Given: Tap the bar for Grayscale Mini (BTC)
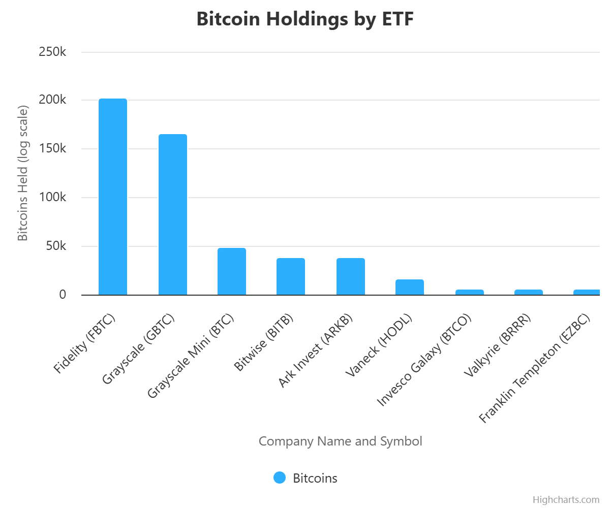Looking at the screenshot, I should click(x=232, y=272).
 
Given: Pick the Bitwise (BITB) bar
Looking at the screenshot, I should click(x=291, y=277).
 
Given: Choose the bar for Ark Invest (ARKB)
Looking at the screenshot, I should click(x=351, y=277).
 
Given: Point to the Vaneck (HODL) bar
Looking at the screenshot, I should click(x=410, y=288).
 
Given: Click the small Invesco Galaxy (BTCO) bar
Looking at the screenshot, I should click(x=470, y=292).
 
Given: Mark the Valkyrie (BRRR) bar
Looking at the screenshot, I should click(x=529, y=292).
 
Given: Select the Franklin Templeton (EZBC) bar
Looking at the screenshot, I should click(x=587, y=292).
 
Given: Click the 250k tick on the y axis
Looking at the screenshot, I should click(x=52, y=52).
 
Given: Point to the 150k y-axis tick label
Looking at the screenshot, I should click(x=52, y=149).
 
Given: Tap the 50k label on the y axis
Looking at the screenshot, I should click(x=56, y=246).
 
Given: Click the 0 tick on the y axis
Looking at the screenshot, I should click(x=63, y=295).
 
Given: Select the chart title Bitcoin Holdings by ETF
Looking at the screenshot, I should click(x=305, y=19).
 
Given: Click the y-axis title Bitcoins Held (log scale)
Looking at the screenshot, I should click(x=23, y=173).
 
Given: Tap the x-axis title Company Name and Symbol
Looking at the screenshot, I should click(x=340, y=441).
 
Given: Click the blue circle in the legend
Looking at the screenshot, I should click(x=280, y=478).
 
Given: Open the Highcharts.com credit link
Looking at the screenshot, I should click(x=566, y=500).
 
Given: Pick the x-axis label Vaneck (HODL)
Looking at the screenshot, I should click(x=379, y=345).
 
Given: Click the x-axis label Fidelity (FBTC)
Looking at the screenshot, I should click(x=85, y=344).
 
